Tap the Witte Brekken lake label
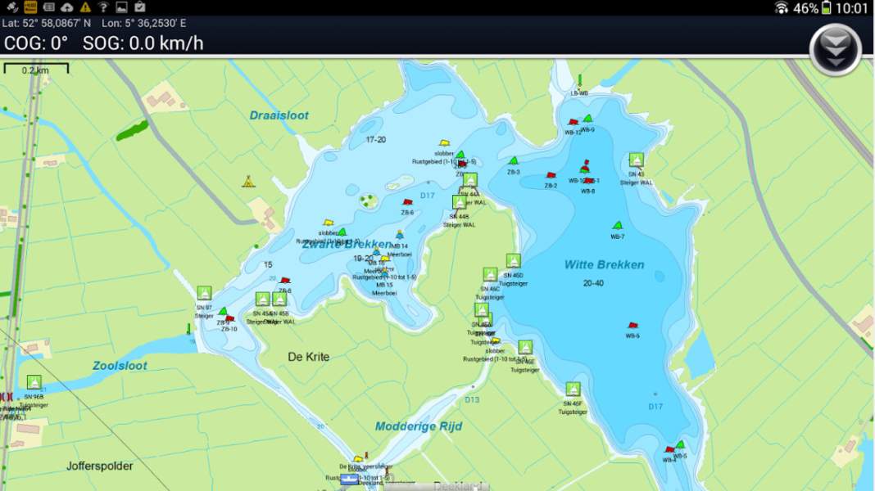point(604,265)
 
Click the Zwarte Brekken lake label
point(347,244)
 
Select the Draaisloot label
point(279,115)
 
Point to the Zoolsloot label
point(120,366)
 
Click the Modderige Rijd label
point(419,426)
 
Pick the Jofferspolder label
point(99,466)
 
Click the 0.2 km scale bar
point(35,70)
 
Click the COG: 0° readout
point(36,43)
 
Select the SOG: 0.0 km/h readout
point(143,43)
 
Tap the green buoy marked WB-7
point(618,226)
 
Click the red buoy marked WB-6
point(632,327)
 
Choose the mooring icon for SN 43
point(637,160)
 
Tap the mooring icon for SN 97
point(204,293)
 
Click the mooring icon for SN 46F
point(573,389)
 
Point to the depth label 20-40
point(594,283)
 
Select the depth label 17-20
point(376,140)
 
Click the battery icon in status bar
point(827,8)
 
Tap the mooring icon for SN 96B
point(34,382)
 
